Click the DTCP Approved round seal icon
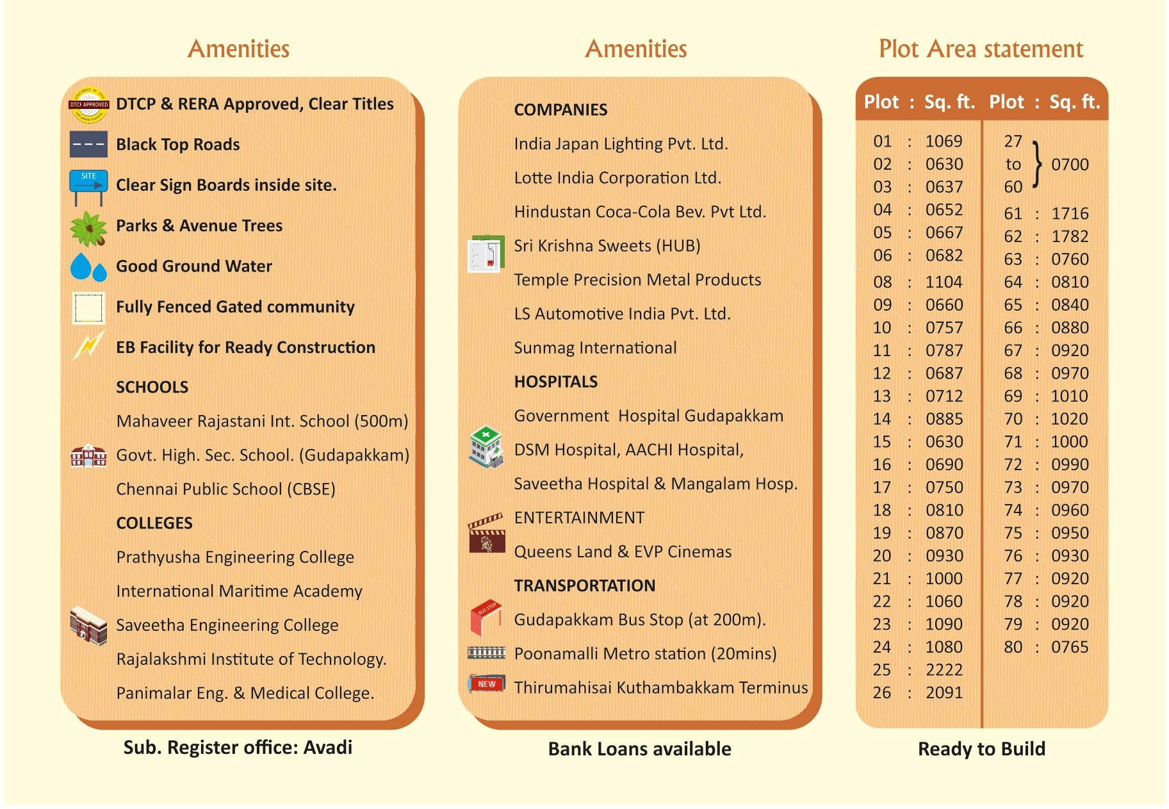tap(88, 104)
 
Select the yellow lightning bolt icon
tap(88, 346)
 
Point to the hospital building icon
tap(486, 446)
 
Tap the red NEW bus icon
tap(486, 683)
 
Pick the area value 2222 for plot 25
tap(944, 670)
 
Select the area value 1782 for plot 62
tap(1070, 236)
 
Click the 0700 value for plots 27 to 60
tap(1070, 165)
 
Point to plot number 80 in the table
tap(1013, 647)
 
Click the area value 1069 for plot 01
tap(944, 141)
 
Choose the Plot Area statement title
tap(981, 49)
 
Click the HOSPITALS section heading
tap(555, 382)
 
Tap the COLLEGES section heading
tap(154, 523)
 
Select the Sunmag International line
tap(595, 348)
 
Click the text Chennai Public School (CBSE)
tap(225, 489)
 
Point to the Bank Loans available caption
tap(639, 749)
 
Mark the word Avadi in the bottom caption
tap(328, 748)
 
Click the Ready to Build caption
tap(981, 749)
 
